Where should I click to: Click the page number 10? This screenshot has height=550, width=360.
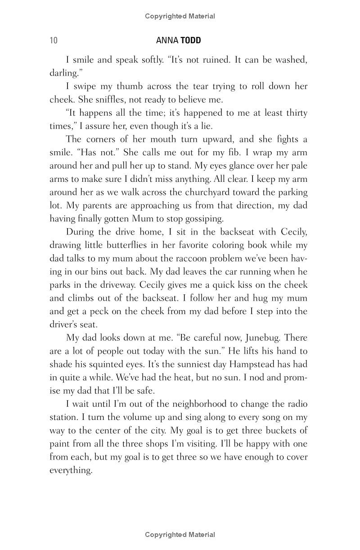(54, 41)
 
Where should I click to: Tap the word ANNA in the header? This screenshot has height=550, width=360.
(167, 41)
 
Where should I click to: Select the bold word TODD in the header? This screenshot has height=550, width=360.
(191, 41)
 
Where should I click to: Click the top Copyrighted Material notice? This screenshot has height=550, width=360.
(180, 16)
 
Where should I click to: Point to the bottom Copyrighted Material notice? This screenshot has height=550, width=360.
(180, 535)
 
